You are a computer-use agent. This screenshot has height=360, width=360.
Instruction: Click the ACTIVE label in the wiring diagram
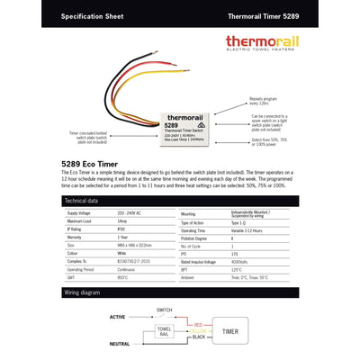(x=117, y=317)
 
